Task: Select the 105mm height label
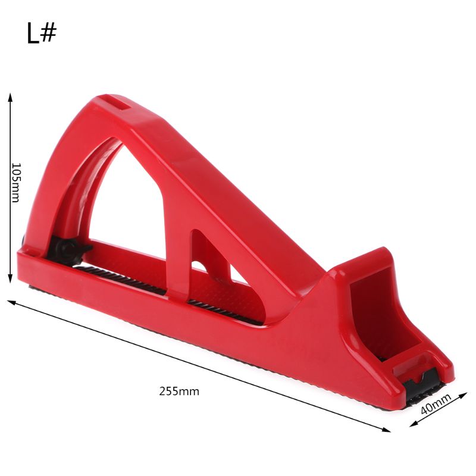(x=16, y=182)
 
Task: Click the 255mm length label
(x=179, y=391)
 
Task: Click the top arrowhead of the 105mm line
(x=10, y=96)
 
